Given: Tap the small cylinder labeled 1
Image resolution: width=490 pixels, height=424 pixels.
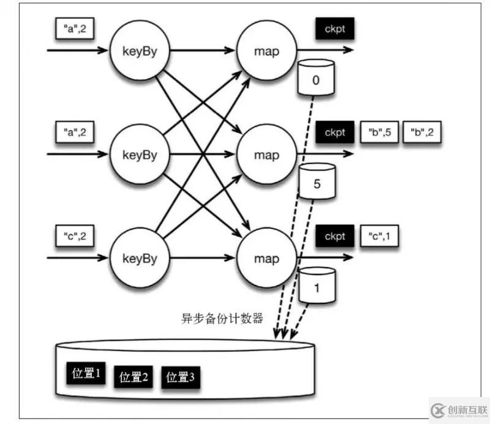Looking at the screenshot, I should click(317, 284).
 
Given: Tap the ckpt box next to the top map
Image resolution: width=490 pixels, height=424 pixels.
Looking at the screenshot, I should click(335, 28).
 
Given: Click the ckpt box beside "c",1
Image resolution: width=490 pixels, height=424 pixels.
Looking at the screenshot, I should click(335, 236).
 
